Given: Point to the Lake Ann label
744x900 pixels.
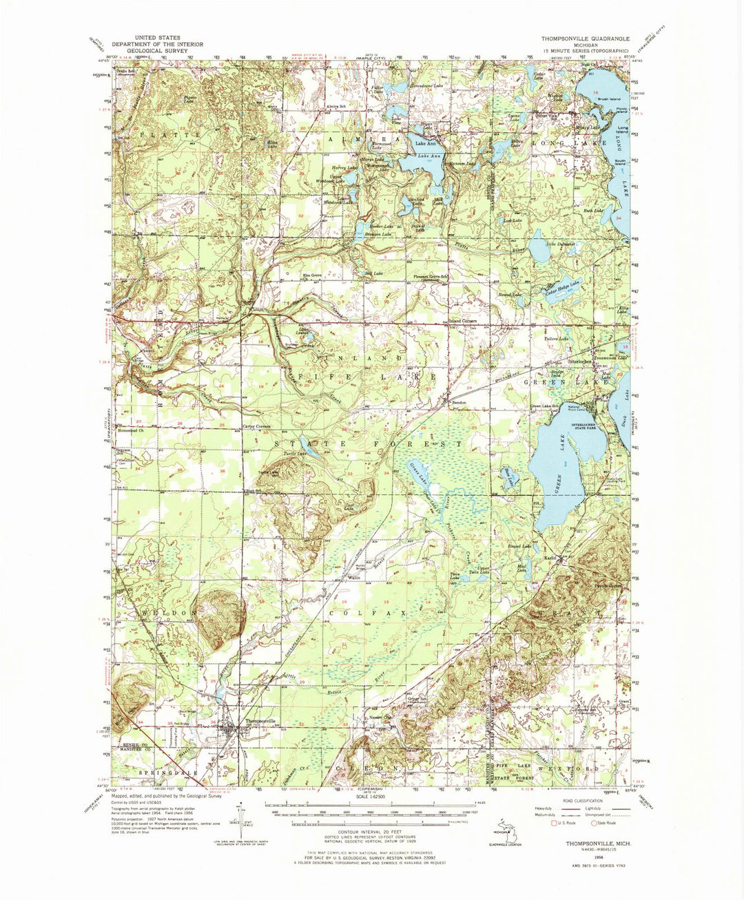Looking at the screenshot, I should (422, 144).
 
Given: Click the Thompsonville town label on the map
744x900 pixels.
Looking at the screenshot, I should (260, 721).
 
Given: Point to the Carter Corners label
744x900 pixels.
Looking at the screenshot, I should (256, 427).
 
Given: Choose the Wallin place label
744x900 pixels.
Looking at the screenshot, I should (355, 577).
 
